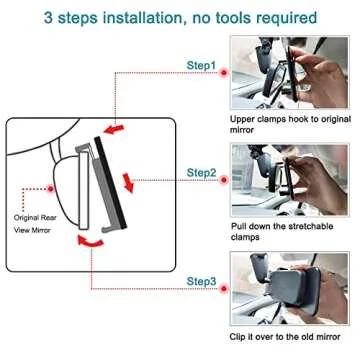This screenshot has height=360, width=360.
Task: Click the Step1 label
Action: (201, 65)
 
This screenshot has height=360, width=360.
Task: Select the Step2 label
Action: (201, 173)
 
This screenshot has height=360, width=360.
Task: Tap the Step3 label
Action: (201, 281)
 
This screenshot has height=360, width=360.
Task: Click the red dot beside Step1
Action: (224, 72)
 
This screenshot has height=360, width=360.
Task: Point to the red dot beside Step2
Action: (224, 180)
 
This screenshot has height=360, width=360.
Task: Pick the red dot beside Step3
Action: (224, 289)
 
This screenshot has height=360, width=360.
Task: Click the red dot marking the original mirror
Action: (51, 189)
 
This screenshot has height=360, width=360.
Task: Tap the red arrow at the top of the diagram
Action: (114, 129)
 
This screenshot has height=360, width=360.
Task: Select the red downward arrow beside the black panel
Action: (128, 183)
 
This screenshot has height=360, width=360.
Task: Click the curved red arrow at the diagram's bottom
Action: (90, 242)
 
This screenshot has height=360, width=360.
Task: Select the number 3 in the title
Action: (48, 18)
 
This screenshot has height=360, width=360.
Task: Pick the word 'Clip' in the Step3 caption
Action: (238, 337)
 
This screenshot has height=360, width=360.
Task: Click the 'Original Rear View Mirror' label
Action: (35, 224)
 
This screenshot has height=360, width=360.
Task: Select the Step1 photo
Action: (289, 72)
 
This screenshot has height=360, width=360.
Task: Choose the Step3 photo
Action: (289, 288)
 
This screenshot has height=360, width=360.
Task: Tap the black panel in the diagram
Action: (110, 183)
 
